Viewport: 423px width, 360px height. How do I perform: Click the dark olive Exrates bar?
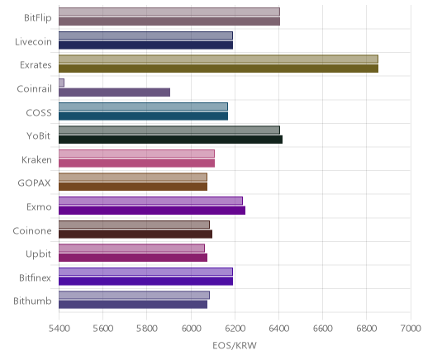point(218,69)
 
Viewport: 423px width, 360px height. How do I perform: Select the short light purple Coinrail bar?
point(61,83)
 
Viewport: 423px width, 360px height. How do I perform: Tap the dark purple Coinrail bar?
point(114,92)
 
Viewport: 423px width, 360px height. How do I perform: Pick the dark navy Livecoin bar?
point(145,45)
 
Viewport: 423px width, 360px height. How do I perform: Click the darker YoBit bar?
point(170,140)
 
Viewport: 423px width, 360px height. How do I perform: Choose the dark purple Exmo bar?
point(152,211)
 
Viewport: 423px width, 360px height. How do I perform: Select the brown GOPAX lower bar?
point(133,187)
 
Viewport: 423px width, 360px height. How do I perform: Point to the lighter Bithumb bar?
point(134,296)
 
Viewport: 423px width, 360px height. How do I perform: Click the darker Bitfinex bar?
point(145,282)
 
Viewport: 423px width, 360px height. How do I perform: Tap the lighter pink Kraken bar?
point(136,154)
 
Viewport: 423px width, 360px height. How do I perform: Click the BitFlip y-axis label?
point(38,18)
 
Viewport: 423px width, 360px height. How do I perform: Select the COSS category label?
point(39,113)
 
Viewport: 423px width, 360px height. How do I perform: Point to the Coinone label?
point(32,230)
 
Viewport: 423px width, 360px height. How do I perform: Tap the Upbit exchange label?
point(38,254)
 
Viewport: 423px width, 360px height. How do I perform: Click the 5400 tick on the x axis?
point(59,329)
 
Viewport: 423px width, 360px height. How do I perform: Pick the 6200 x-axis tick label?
point(235,329)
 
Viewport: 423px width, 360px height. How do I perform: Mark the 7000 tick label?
point(411,329)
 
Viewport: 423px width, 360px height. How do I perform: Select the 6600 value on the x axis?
point(323,329)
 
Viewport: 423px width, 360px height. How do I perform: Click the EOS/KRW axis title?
point(235,345)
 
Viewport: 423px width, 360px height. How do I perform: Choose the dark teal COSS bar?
point(143,116)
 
